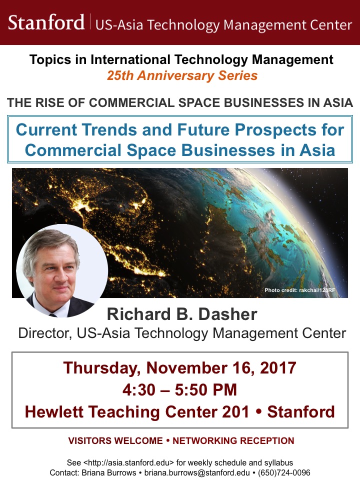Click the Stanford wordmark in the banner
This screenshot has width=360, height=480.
46,22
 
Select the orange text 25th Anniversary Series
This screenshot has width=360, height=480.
182,75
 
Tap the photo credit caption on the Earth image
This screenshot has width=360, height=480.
299,290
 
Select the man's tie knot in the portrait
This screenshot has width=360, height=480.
53,314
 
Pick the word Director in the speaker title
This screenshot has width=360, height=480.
44,333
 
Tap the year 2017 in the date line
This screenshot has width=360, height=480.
278,367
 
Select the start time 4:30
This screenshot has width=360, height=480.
139,389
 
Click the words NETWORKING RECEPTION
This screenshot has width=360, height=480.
233,440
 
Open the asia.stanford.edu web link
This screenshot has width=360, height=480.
128,462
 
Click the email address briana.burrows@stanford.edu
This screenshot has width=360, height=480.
197,472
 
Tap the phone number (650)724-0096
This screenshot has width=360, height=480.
284,472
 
